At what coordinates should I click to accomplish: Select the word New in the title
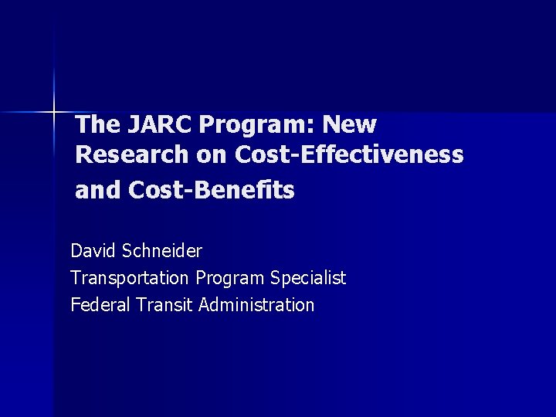pos(350,124)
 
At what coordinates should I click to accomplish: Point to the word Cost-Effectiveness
pos(349,154)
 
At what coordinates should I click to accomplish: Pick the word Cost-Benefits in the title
pos(212,190)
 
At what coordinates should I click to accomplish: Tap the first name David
pos(93,251)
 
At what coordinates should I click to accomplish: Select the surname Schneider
pos(161,251)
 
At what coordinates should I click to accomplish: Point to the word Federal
pos(100,304)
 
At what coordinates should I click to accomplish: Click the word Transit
pos(164,304)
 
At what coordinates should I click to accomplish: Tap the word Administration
pos(256,304)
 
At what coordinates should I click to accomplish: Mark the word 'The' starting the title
pos(97,124)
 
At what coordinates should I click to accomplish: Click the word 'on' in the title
pos(211,154)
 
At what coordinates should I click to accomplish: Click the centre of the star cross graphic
pos(54,113)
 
